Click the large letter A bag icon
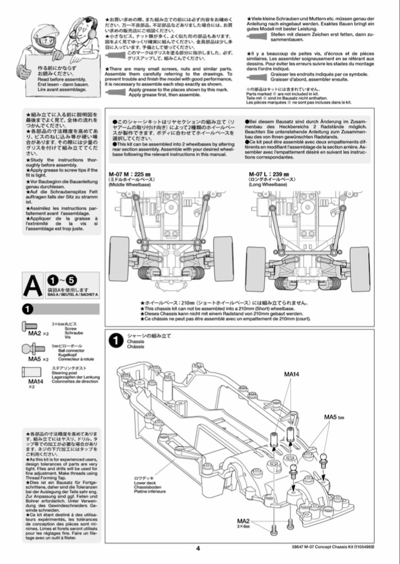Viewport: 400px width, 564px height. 33,285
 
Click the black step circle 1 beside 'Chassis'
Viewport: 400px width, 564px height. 115,341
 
